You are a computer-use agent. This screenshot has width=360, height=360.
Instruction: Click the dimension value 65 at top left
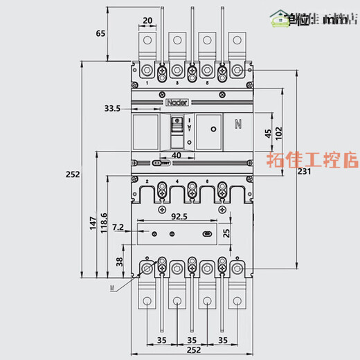click(101, 33)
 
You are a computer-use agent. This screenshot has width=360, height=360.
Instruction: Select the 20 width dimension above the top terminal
click(148, 21)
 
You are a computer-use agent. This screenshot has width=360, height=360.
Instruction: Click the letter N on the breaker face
click(238, 125)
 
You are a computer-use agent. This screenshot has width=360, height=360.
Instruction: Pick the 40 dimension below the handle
click(177, 156)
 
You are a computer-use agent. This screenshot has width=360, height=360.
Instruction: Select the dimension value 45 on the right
click(268, 134)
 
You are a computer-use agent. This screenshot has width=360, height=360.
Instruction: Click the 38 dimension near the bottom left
click(118, 262)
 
